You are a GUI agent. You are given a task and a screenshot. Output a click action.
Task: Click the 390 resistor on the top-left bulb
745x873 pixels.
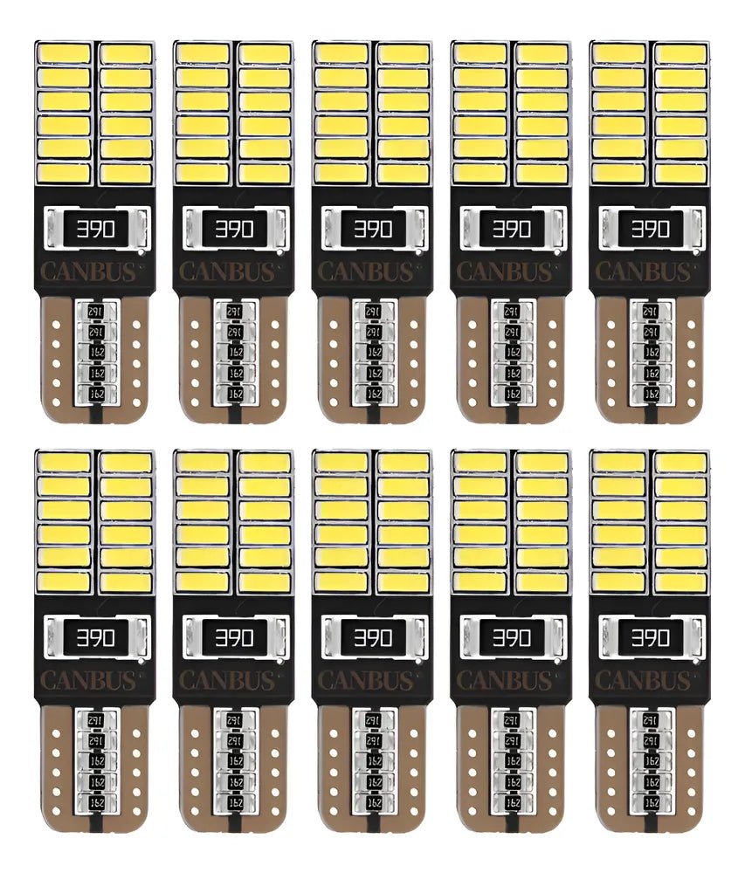[94, 229]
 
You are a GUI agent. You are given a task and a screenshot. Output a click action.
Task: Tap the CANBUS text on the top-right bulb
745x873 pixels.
[649, 272]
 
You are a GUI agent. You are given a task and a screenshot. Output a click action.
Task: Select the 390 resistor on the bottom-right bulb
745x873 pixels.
[649, 638]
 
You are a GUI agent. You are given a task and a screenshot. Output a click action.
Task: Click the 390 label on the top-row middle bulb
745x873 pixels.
[371, 229]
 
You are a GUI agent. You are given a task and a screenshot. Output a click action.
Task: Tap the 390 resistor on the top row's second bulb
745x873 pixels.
[233, 229]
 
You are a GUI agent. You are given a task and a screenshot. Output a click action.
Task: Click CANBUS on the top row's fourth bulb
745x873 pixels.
[510, 272]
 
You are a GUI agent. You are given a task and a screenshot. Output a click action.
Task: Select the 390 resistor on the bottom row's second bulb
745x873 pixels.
[233, 638]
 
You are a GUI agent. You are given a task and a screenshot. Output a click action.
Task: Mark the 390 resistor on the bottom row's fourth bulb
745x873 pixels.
[510, 638]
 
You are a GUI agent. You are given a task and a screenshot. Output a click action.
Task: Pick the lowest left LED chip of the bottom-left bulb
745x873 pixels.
[64, 581]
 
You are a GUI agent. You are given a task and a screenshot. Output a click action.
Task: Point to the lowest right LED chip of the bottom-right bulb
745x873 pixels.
[679, 581]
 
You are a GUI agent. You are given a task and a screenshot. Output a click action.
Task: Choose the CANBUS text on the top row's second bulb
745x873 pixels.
[233, 272]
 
